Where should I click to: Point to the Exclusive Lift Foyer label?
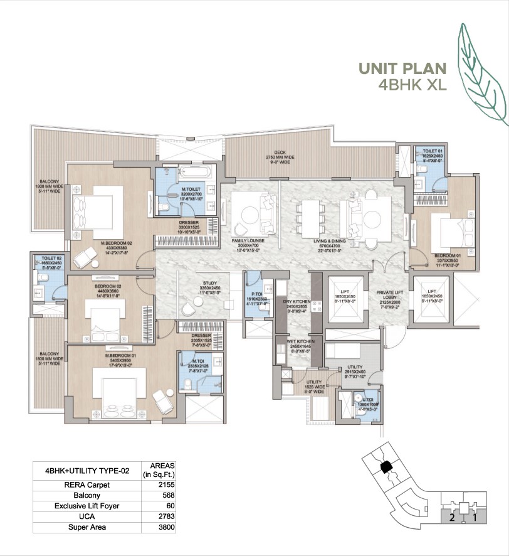87,506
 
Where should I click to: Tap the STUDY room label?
209,283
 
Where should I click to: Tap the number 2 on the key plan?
451,518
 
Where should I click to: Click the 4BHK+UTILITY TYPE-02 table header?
87,469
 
